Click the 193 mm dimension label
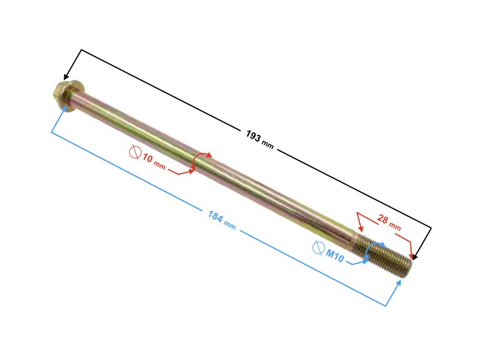[260, 139]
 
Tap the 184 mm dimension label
[221, 220]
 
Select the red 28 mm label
[389, 222]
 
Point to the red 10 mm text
[154, 161]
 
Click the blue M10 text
[335, 255]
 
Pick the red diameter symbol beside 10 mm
[135, 152]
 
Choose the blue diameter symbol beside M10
[319, 247]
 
